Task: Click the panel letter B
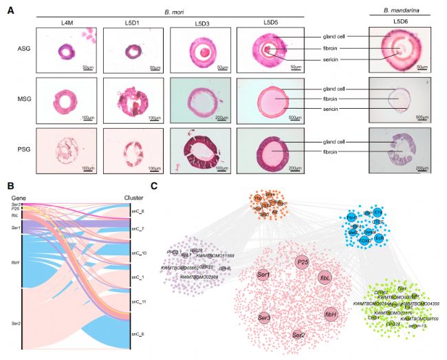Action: click(9, 186)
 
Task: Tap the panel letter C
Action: click(154, 186)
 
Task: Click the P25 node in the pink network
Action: click(301, 262)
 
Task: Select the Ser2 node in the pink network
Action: click(298, 335)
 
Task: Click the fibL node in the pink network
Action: click(325, 277)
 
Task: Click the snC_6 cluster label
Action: click(138, 333)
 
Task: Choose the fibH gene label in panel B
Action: click(15, 262)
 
